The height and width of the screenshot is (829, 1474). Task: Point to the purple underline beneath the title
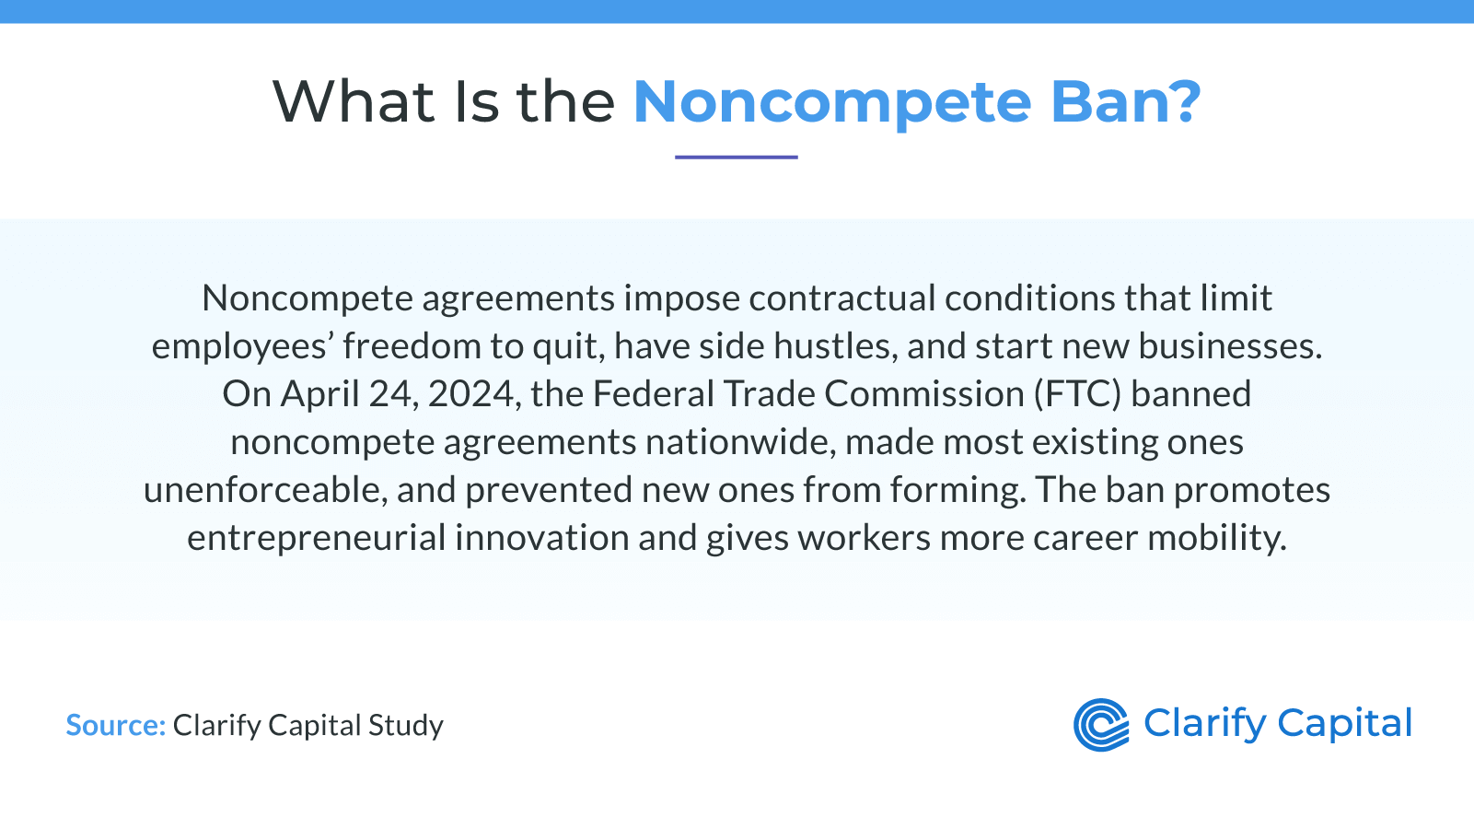point(737,158)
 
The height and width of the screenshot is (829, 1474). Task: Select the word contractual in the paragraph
point(841,298)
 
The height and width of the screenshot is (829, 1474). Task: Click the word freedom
point(412,345)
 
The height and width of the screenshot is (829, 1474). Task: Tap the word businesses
point(1230,346)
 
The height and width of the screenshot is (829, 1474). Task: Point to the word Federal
point(654,393)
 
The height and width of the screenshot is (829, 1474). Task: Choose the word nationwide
point(741,442)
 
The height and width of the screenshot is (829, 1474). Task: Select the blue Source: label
point(116,725)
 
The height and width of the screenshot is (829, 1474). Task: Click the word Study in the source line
point(406,726)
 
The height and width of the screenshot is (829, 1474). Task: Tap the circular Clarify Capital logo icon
point(1101,725)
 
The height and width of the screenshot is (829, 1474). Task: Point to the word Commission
point(924,393)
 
